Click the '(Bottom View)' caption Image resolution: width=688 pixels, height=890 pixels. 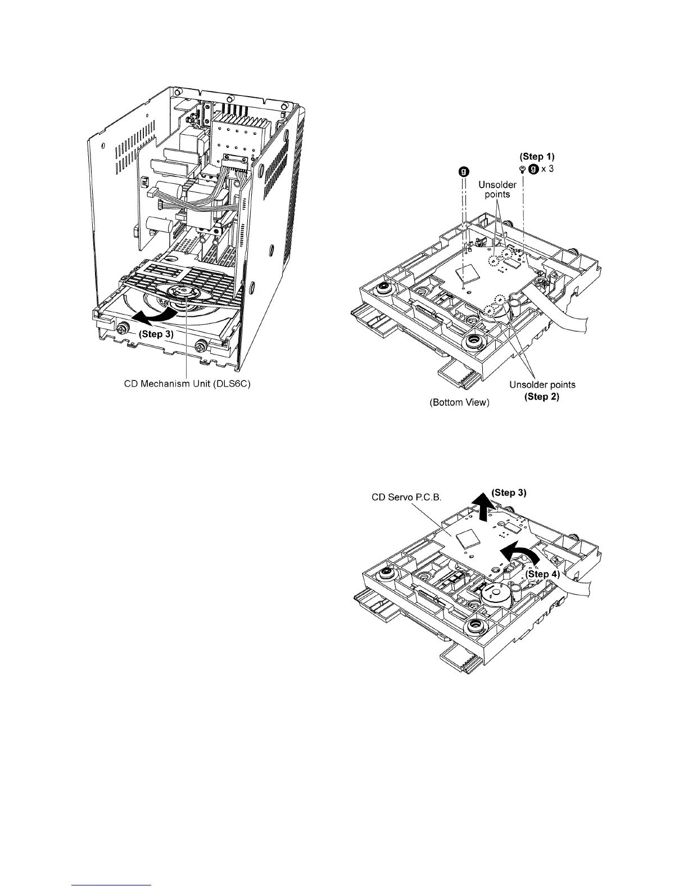point(455,403)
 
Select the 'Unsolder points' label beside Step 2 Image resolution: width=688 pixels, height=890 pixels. point(542,385)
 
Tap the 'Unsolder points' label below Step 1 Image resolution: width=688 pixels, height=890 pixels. point(497,189)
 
